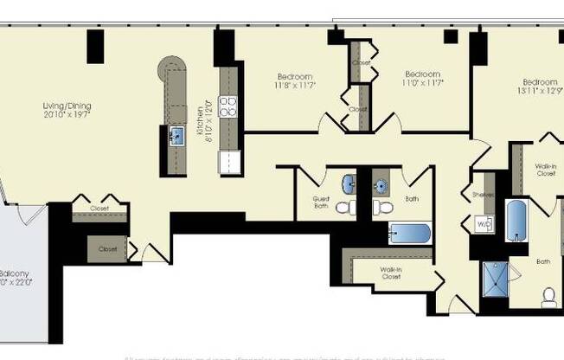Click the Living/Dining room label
point(67,107)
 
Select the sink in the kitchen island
point(176,136)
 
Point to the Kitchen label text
point(200,122)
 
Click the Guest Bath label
point(321,202)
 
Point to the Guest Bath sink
point(348,183)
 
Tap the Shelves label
point(483,195)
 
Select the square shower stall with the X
point(497,279)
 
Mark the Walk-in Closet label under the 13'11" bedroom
point(546,170)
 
